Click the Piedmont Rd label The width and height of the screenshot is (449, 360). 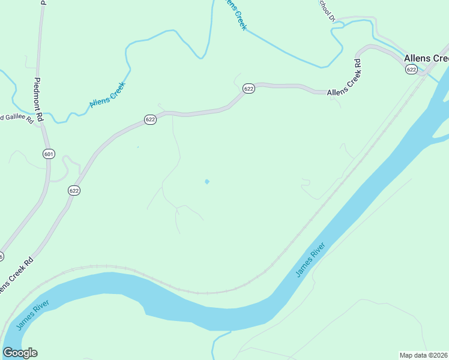tap(38, 100)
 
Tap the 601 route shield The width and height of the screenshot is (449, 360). tap(49, 154)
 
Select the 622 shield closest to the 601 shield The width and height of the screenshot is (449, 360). tap(74, 190)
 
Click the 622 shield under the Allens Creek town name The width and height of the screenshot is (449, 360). tap(411, 70)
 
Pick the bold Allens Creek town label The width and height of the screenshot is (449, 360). tap(426, 58)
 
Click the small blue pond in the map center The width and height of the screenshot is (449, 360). tap(207, 181)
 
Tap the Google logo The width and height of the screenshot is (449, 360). tap(20, 353)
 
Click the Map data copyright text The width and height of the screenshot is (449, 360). tap(424, 355)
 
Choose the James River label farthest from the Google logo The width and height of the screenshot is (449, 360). tap(310, 260)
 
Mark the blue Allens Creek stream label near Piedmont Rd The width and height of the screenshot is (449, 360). tap(107, 95)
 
